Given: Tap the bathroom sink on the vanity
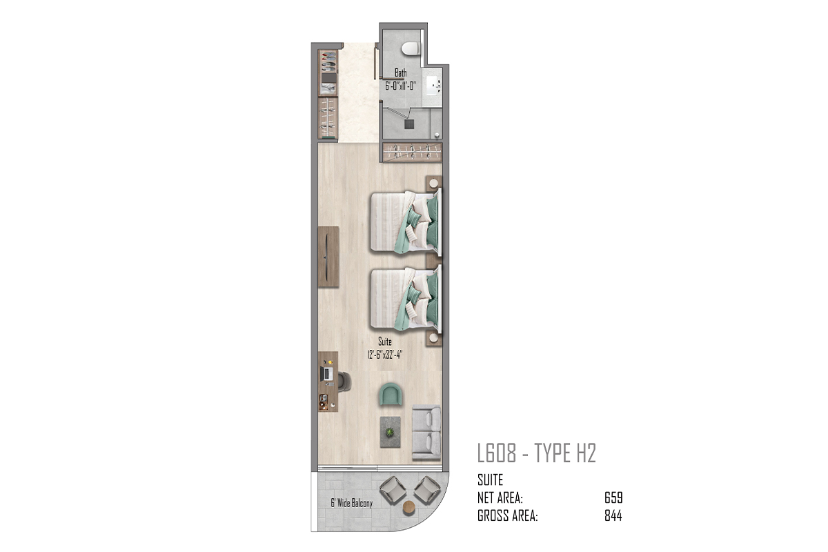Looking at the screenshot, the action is coord(433,88).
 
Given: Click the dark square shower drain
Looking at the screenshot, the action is coord(408,124).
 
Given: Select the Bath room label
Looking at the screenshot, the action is coord(401,72).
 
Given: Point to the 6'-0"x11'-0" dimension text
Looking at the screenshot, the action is coord(401,86).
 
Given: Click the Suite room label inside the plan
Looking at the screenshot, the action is coord(385,342).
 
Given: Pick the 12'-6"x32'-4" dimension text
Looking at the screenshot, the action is coord(384,355).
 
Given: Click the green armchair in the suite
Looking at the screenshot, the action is coord(390,394).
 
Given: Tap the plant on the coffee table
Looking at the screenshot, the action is coord(390,432).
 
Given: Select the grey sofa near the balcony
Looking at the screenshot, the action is coord(426,432).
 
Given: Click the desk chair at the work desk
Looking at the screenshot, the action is coord(344,382).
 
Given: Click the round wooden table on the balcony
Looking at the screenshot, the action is coord(409,509).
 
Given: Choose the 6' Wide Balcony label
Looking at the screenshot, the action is coord(351,503).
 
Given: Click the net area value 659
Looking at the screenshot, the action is coord(613,498).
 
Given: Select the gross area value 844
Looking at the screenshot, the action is coord(613,515).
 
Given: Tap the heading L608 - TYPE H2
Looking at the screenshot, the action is coord(537,453).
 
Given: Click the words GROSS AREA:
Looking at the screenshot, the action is coord(508,515).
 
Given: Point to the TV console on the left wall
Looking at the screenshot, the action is coord(328,257).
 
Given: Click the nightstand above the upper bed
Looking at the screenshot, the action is coord(433,184).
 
